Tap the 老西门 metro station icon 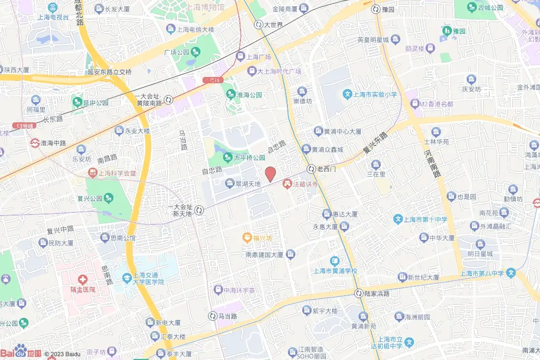pos(311,169)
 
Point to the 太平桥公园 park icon pos(227,157)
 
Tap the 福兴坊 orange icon pos(247,238)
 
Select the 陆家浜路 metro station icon pos(359,294)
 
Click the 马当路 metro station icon pos(212,316)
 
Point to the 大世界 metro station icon pos(258,24)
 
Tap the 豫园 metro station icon pos(375,9)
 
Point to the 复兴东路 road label pos(375,143)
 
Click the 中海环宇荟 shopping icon pos(217,290)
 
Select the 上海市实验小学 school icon pos(348,95)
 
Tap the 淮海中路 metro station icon pos(34,143)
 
